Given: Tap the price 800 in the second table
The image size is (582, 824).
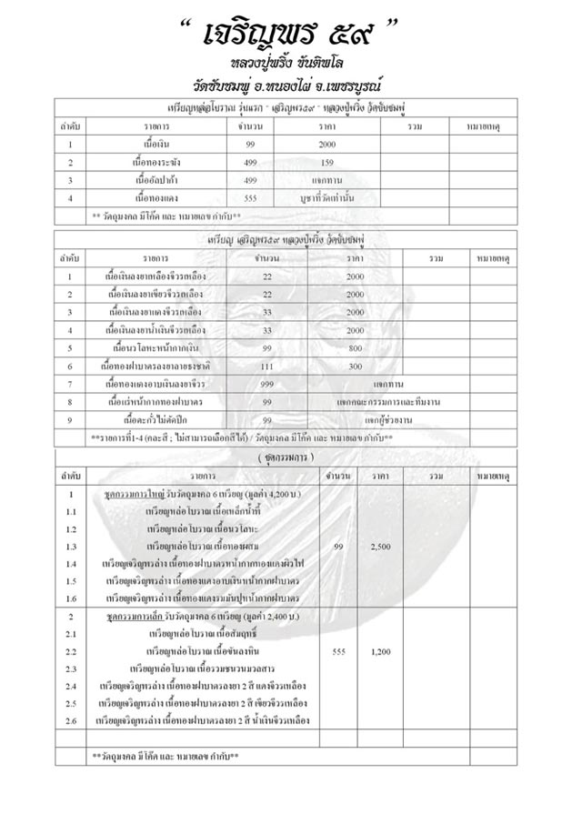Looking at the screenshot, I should [x=356, y=347].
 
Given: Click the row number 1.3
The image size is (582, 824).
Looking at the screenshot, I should [x=71, y=547].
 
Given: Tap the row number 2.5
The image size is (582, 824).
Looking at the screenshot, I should [x=71, y=703].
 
